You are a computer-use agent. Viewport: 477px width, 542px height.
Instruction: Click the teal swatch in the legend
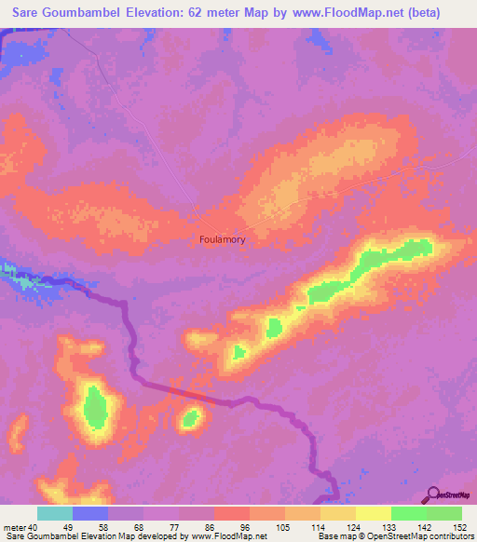pos(55,514)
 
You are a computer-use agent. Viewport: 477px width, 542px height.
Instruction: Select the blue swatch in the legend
pos(90,514)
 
